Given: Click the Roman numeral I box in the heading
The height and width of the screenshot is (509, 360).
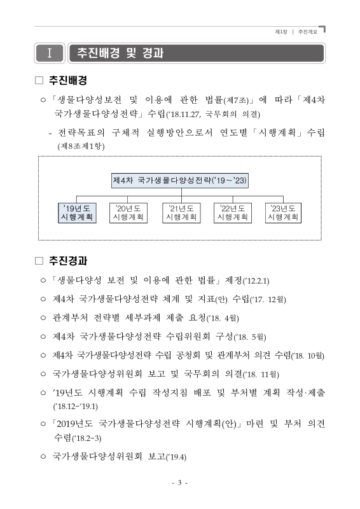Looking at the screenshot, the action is [49, 52].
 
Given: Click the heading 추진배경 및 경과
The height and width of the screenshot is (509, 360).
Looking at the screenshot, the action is [120, 53].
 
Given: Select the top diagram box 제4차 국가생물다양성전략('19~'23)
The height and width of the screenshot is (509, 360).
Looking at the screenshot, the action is [180, 180].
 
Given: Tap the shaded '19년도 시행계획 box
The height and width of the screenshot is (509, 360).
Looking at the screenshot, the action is [76, 213].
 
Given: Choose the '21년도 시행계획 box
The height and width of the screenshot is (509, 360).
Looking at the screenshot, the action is [181, 213].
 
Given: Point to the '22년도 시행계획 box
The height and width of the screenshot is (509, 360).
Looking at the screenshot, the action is [232, 213].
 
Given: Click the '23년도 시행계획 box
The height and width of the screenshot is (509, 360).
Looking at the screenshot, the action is [283, 213].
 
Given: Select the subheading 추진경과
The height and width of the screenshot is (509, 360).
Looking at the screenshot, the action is [68, 261].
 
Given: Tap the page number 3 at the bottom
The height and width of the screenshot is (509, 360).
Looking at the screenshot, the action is [180, 483].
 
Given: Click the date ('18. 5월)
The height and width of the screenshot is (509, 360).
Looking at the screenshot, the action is [249, 336].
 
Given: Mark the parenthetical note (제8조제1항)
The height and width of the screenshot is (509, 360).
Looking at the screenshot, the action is [81, 146].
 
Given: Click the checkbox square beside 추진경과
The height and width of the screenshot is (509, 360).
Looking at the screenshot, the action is [39, 261].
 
